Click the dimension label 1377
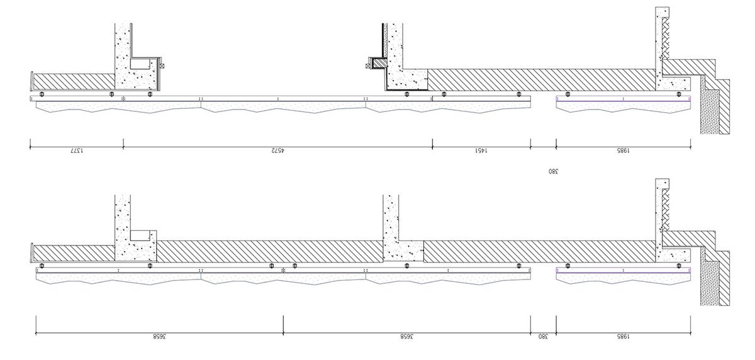(77, 150)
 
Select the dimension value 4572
(277, 150)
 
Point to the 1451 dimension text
(481, 150)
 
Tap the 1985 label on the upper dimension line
(623, 150)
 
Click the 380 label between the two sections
(553, 171)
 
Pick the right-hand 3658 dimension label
(406, 336)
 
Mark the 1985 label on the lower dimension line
(623, 336)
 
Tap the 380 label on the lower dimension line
(543, 336)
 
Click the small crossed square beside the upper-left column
(163, 65)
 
